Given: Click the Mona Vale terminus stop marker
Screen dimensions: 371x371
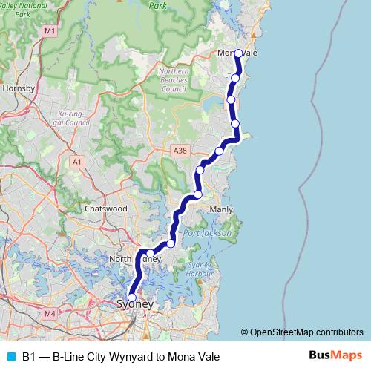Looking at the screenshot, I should pyautogui.click(x=239, y=53).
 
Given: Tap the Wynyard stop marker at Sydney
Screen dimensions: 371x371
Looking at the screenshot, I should pyautogui.click(x=132, y=298).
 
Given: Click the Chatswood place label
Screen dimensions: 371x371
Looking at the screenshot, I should pyautogui.click(x=105, y=209).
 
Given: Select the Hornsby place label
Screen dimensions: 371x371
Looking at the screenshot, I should pyautogui.click(x=19, y=88).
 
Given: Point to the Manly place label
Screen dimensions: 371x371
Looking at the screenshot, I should pyautogui.click(x=221, y=209).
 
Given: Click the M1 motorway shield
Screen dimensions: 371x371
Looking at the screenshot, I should pyautogui.click(x=50, y=31).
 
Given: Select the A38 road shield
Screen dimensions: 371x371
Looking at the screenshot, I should pyautogui.click(x=179, y=151).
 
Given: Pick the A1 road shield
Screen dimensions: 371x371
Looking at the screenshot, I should pyautogui.click(x=77, y=161).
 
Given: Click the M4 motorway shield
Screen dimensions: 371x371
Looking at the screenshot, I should pyautogui.click(x=50, y=314).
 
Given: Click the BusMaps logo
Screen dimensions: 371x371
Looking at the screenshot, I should pyautogui.click(x=335, y=356).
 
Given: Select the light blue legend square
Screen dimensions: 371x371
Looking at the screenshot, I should pyautogui.click(x=10, y=357).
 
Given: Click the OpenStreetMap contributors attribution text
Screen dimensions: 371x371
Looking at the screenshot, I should pyautogui.click(x=306, y=332).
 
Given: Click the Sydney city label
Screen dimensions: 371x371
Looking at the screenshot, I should pyautogui.click(x=135, y=305).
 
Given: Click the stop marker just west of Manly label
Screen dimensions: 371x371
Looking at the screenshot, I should pyautogui.click(x=197, y=195).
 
